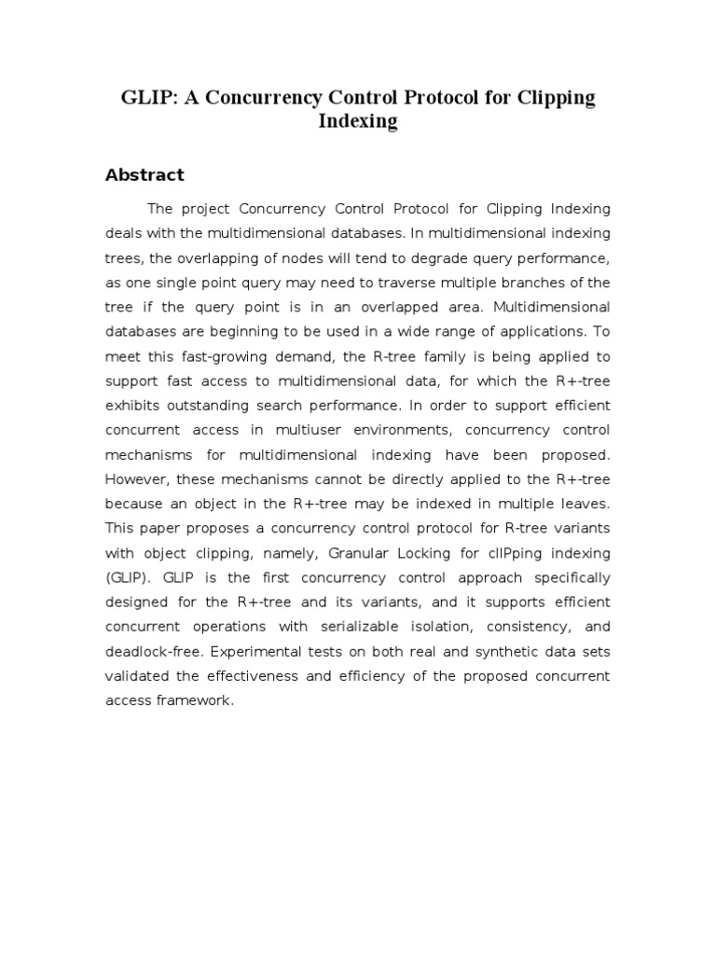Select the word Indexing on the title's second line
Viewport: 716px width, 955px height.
(x=358, y=122)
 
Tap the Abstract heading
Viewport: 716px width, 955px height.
(x=145, y=174)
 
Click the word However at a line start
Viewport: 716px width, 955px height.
(x=135, y=478)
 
